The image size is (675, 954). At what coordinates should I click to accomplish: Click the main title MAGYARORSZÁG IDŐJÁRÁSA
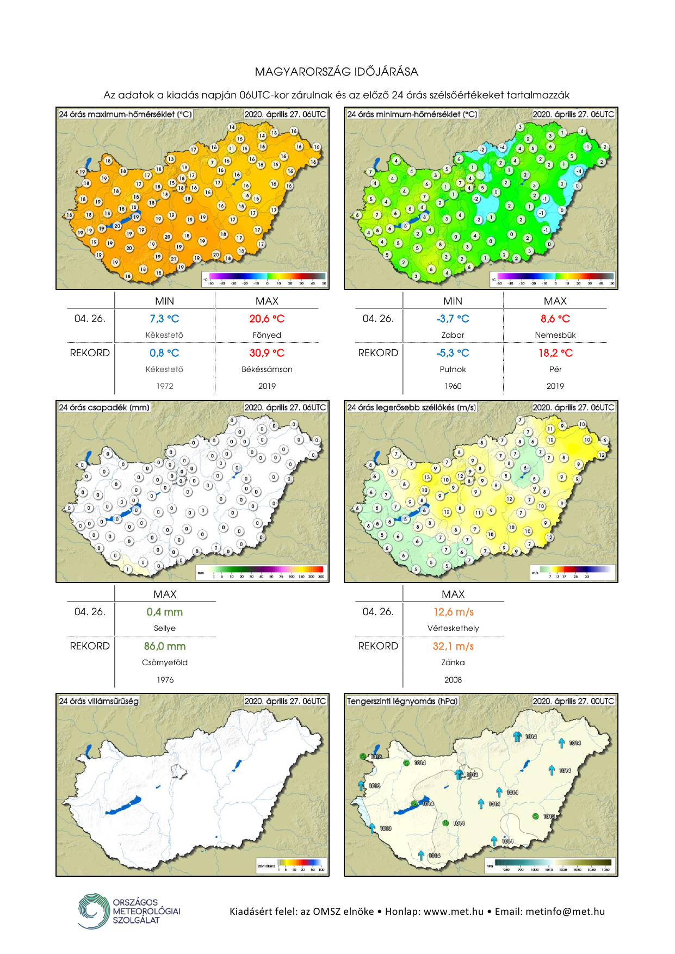337,72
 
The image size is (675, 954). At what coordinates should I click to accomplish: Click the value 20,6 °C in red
267,319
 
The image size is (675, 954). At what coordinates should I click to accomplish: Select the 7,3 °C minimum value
164,319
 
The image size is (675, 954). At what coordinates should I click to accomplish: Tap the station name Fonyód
267,335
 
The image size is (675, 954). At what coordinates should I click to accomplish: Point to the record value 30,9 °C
267,353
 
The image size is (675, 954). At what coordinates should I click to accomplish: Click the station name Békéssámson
267,369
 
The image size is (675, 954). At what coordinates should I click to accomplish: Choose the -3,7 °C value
453,319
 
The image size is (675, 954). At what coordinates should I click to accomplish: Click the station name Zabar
453,335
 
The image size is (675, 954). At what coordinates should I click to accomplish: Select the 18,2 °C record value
555,353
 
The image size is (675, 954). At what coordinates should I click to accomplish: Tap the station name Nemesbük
555,335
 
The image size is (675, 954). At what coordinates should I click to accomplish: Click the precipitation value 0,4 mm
165,612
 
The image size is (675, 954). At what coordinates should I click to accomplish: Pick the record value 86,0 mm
165,646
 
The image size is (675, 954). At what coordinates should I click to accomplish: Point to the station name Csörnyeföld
165,662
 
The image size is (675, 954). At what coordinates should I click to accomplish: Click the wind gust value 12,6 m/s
453,612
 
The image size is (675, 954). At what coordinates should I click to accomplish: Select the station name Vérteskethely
453,628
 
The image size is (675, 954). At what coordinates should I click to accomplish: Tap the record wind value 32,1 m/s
453,646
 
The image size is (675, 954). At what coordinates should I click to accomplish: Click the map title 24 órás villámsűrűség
98,701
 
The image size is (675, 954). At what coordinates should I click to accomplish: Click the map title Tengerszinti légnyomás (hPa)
402,701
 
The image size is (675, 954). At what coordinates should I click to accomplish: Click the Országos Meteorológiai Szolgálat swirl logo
94,911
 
